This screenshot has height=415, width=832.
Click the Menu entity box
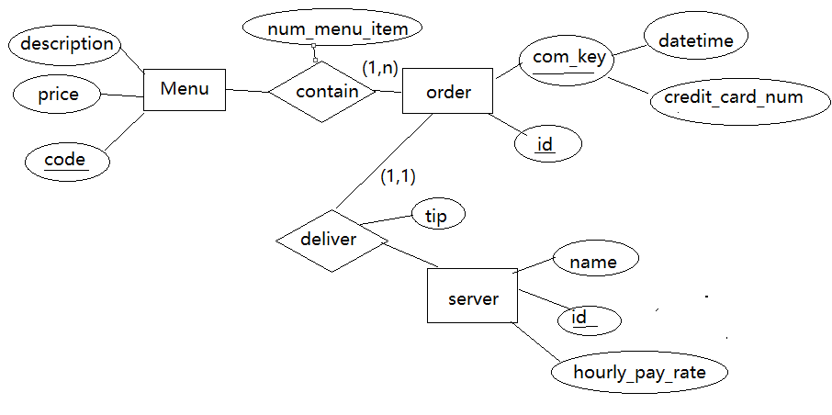tap(185, 90)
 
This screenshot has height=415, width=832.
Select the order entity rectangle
tap(448, 92)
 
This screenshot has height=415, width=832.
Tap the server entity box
tap(472, 297)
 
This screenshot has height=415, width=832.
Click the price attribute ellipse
tap(58, 95)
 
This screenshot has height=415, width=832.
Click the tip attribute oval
tap(437, 215)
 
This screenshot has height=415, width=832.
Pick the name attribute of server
tap(592, 261)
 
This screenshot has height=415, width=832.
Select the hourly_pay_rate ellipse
tap(639, 372)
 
